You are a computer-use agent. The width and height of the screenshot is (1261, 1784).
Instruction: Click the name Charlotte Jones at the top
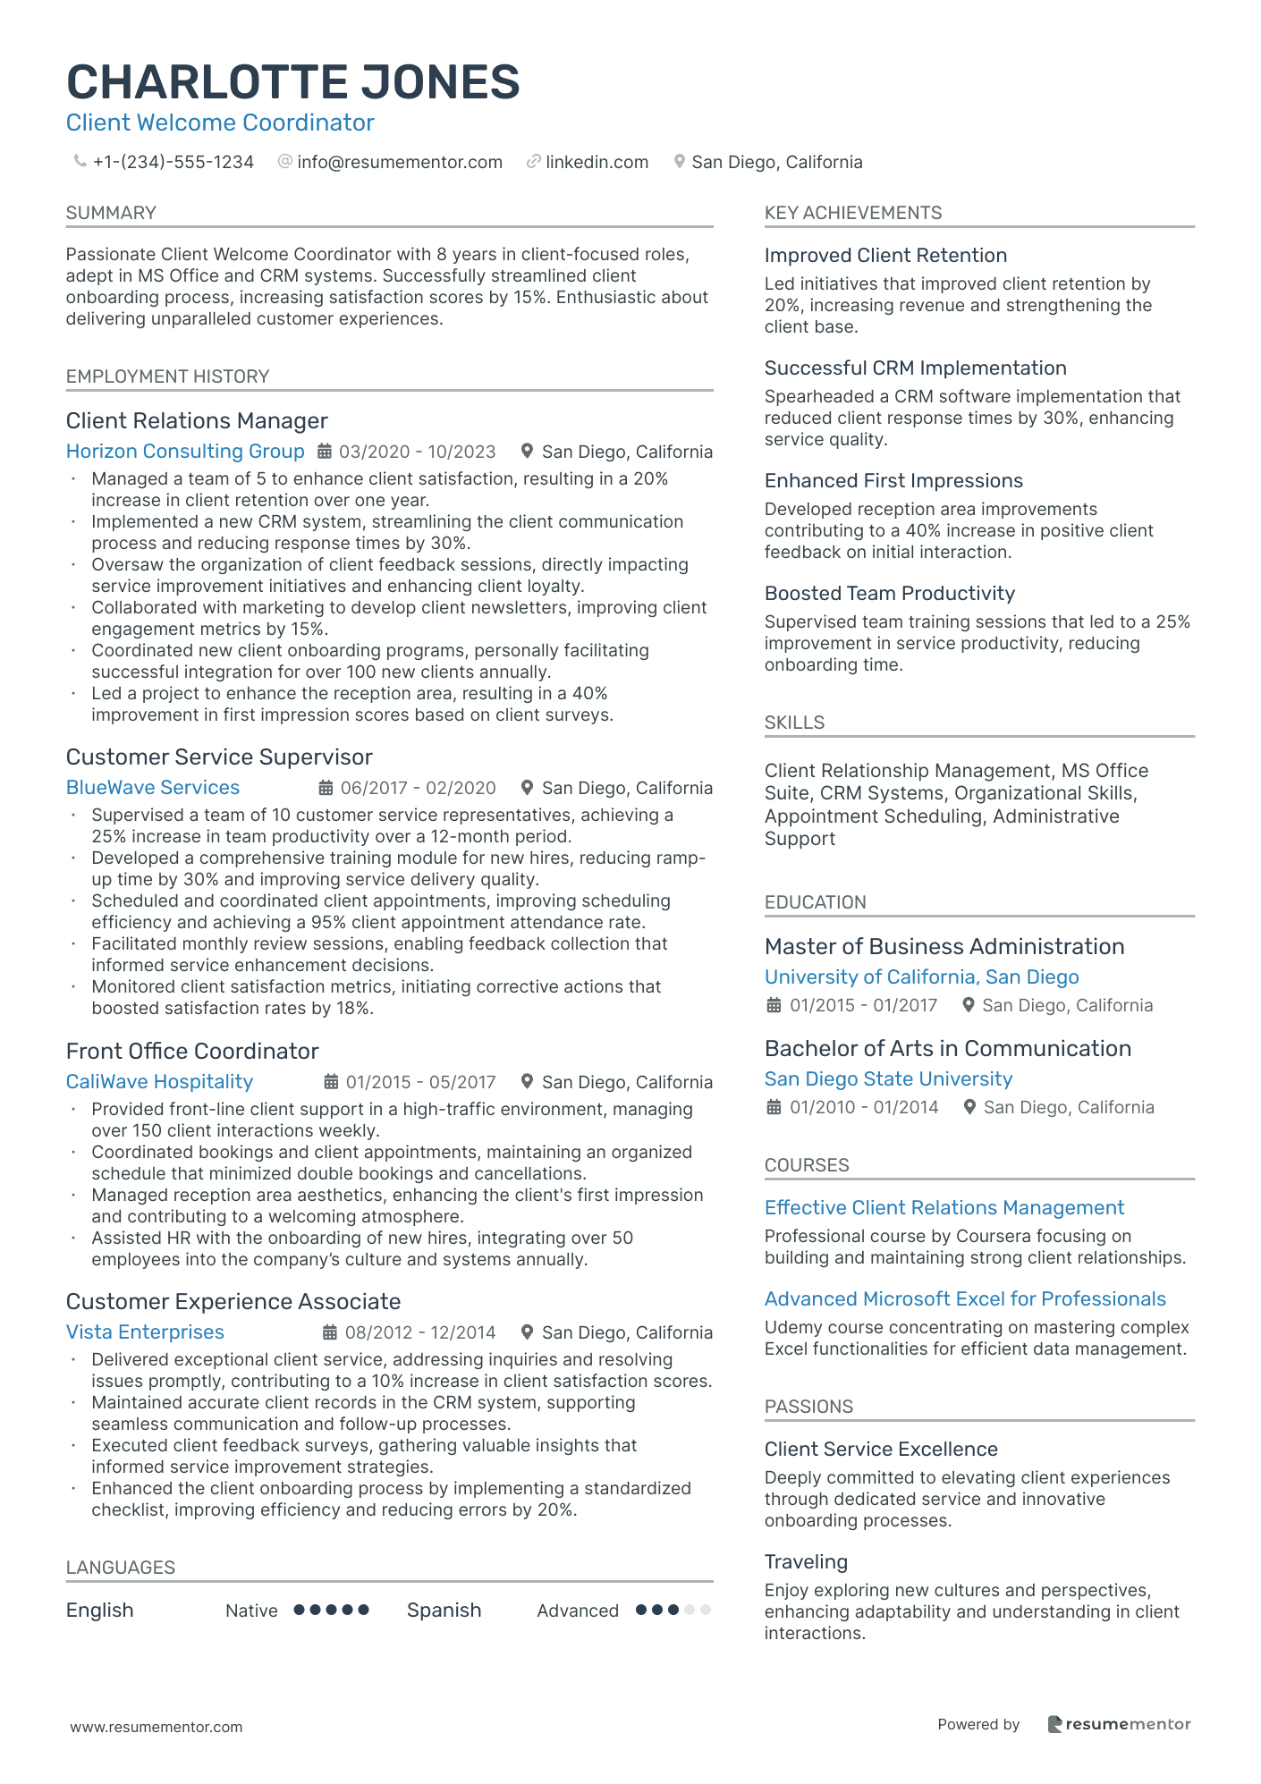(x=292, y=82)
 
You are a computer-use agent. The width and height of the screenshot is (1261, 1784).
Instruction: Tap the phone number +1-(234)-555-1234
(x=173, y=162)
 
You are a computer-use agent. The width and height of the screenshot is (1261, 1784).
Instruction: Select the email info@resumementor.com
(x=399, y=162)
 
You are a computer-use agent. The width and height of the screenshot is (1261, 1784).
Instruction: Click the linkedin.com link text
(x=597, y=162)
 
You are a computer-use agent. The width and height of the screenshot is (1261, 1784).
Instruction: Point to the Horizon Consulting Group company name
(x=185, y=452)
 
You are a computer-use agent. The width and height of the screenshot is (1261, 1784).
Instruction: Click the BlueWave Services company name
(x=153, y=788)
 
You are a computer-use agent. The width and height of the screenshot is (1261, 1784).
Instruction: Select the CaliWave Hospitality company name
(x=159, y=1082)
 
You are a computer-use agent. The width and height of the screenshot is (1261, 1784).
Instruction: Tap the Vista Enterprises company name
(x=145, y=1332)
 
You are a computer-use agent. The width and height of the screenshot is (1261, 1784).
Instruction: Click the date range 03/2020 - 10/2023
(x=417, y=452)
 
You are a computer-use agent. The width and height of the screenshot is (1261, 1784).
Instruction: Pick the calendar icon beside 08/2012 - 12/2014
(x=330, y=1332)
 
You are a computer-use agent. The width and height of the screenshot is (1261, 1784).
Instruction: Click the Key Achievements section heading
(x=852, y=213)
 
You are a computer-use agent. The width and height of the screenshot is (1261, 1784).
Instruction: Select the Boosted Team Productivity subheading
(x=889, y=594)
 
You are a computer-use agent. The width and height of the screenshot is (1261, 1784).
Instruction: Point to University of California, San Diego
(x=921, y=977)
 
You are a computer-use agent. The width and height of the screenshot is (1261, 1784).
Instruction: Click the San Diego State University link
(x=888, y=1079)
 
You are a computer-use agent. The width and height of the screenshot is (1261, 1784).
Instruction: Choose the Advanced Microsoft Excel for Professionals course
(x=965, y=1299)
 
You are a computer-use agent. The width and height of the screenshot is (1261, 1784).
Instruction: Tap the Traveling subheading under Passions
(x=806, y=1562)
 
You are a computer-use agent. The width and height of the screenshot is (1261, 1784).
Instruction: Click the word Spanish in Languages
(x=444, y=1611)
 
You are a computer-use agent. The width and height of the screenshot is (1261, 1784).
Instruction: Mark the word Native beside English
(x=251, y=1611)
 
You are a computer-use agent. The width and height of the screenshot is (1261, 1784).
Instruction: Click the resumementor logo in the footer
(x=1119, y=1724)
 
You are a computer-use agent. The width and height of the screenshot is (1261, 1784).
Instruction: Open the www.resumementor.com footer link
(x=157, y=1727)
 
